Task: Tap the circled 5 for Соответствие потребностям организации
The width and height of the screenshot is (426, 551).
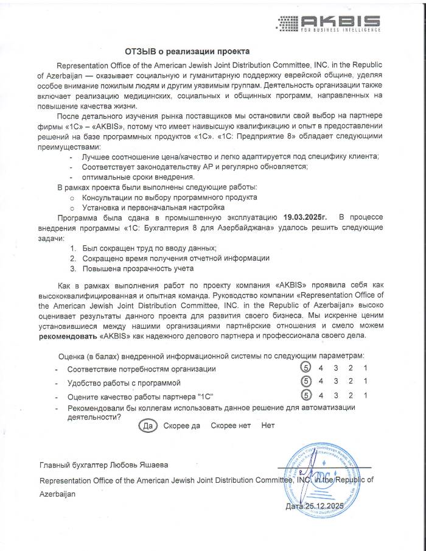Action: tap(305, 368)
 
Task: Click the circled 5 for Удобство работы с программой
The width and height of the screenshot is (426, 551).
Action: tap(305, 382)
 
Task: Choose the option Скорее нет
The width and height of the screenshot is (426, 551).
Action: tap(231, 425)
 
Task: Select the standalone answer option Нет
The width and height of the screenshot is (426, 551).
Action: tap(268, 425)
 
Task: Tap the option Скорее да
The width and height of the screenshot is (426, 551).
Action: tap(181, 425)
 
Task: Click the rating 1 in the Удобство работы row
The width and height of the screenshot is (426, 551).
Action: tap(365, 382)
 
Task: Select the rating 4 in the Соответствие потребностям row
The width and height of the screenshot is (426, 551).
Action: tap(320, 368)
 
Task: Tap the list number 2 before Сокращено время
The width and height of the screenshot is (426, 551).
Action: tap(72, 258)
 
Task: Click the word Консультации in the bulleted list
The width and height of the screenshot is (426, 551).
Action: tap(106, 197)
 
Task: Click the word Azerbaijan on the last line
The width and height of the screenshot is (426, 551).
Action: tap(57, 494)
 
